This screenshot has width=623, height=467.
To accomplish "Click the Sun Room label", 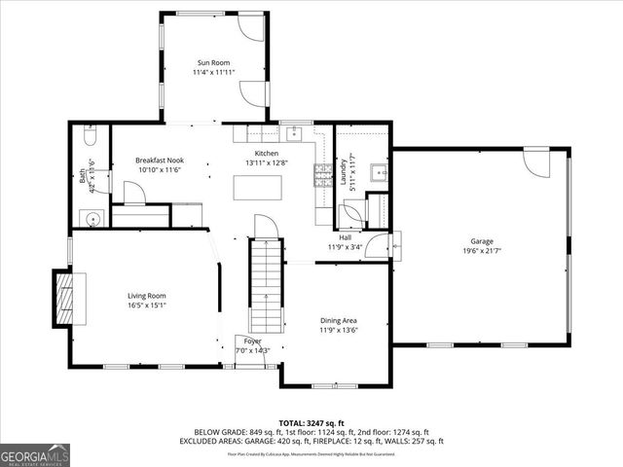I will [x=213, y=63].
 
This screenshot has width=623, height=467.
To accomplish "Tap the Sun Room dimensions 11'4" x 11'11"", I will [x=213, y=72].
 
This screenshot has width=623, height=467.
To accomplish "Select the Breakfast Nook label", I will [x=160, y=161].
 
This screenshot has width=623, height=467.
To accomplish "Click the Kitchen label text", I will [x=267, y=154].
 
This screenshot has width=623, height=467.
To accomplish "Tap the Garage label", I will [x=482, y=241].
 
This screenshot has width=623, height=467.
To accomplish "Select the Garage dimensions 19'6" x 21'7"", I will [x=482, y=251].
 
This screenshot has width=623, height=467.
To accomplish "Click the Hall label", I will [x=346, y=237].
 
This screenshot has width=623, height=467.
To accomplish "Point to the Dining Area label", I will [x=340, y=320].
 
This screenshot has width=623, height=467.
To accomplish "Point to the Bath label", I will [x=82, y=178].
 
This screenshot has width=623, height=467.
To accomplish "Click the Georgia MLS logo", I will [x=33, y=454].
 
